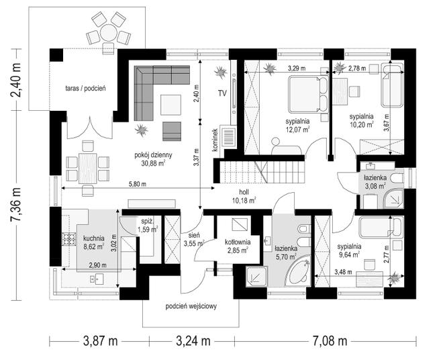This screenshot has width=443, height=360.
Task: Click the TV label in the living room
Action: (x=222, y=93)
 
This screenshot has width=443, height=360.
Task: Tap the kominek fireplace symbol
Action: (x=229, y=137)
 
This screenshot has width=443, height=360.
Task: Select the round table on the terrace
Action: (x=108, y=33)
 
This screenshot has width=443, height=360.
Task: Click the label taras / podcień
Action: (x=85, y=88)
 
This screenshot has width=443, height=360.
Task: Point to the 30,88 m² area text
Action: (x=154, y=163)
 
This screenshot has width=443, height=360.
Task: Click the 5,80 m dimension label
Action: (x=138, y=184)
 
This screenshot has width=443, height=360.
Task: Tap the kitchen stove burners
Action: (x=69, y=239)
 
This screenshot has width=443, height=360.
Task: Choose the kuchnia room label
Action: (x=94, y=238)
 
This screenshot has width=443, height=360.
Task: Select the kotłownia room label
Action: (x=238, y=242)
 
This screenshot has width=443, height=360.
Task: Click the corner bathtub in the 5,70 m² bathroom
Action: (x=298, y=271)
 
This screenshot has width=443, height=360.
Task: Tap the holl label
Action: (x=244, y=192)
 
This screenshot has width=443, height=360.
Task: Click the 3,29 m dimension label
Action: (x=297, y=68)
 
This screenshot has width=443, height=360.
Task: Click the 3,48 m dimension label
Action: (x=343, y=272)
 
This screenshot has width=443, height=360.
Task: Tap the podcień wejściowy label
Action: (x=191, y=306)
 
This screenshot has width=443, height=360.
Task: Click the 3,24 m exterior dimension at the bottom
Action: (x=193, y=341)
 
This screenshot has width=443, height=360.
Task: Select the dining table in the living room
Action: (x=87, y=169)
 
